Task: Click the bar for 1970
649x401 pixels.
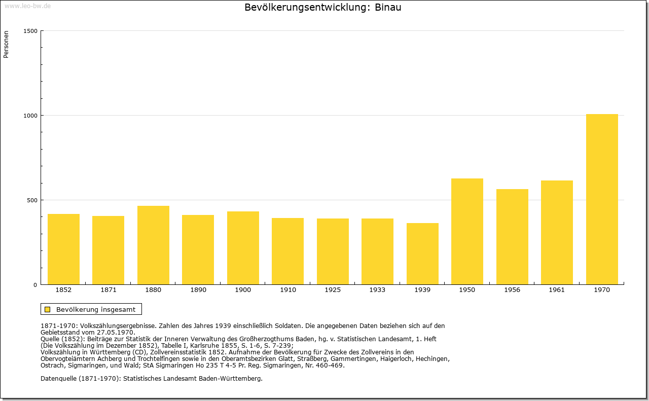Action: pyautogui.click(x=602, y=199)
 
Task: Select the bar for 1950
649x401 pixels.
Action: pyautogui.click(x=467, y=232)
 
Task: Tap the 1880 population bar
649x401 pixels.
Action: pyautogui.click(x=153, y=245)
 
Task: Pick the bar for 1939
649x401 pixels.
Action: pyautogui.click(x=422, y=254)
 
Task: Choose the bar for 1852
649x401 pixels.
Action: pyautogui.click(x=63, y=249)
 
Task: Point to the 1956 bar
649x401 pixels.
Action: pyautogui.click(x=512, y=237)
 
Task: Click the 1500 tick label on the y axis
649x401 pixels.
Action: pyautogui.click(x=30, y=31)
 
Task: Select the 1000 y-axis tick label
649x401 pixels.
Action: pyautogui.click(x=30, y=116)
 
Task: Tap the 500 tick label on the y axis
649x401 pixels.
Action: pyautogui.click(x=32, y=200)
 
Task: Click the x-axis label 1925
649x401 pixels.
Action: pyautogui.click(x=333, y=290)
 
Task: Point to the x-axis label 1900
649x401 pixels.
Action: pyautogui.click(x=243, y=290)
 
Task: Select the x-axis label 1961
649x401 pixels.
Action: pyautogui.click(x=557, y=290)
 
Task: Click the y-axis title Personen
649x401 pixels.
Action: pyautogui.click(x=6, y=44)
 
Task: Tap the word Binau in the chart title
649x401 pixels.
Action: pyautogui.click(x=388, y=7)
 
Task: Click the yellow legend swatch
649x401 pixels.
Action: pyautogui.click(x=48, y=309)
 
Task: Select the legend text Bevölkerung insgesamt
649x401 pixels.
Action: pyautogui.click(x=96, y=309)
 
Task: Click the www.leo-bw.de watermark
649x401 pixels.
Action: pyautogui.click(x=27, y=6)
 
